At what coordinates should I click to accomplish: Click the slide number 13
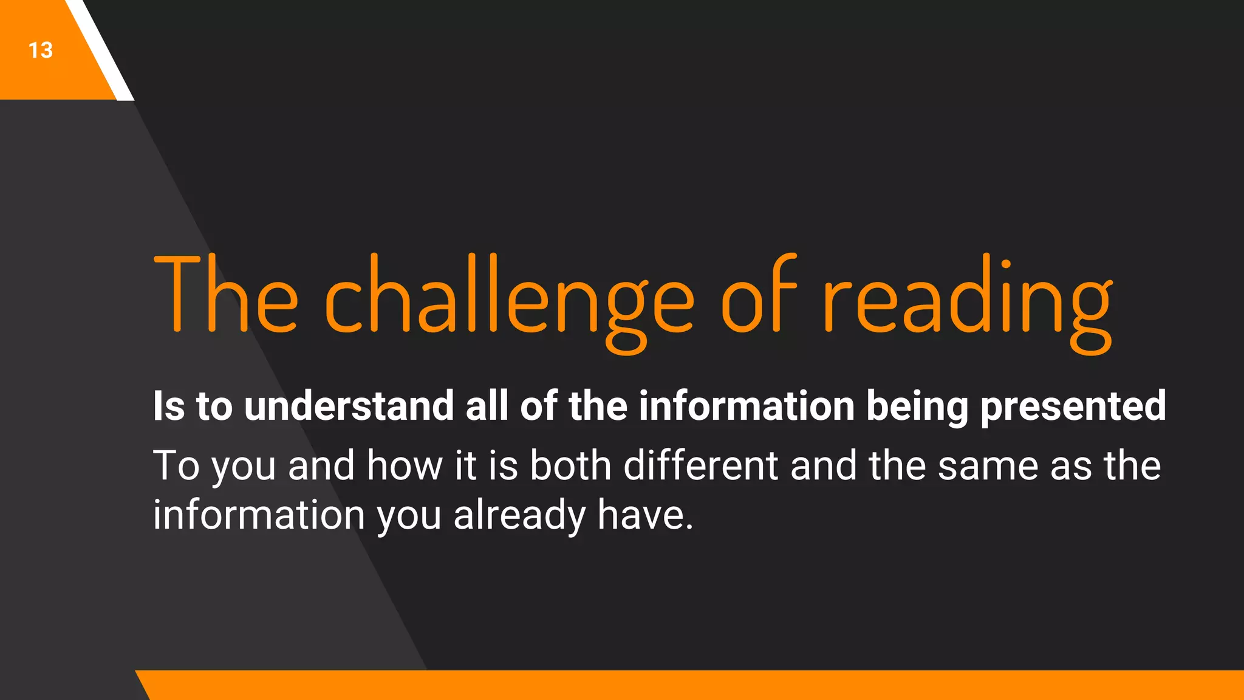(41, 50)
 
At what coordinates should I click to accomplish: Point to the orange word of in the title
(758, 294)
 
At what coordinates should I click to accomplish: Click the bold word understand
(349, 406)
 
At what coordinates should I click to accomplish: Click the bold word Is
(168, 406)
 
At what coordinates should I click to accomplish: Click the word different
(701, 465)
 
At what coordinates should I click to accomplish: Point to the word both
(570, 465)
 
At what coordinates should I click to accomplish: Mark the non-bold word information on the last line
(258, 515)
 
